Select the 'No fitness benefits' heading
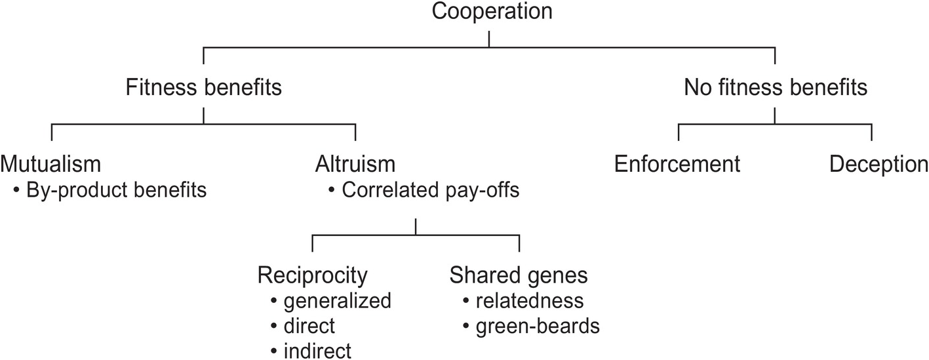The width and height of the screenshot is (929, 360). pyautogui.click(x=776, y=87)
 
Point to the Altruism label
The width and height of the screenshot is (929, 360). pyautogui.click(x=355, y=164)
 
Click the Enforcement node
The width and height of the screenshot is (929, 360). pyautogui.click(x=677, y=164)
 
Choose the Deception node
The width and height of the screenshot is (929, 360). pyautogui.click(x=879, y=164)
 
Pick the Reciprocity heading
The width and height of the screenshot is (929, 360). pyautogui.click(x=312, y=275)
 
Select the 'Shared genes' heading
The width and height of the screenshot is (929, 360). pyautogui.click(x=518, y=275)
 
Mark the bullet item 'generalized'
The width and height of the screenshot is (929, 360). pyautogui.click(x=337, y=301)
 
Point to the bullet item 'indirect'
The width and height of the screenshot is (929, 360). pyautogui.click(x=317, y=350)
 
